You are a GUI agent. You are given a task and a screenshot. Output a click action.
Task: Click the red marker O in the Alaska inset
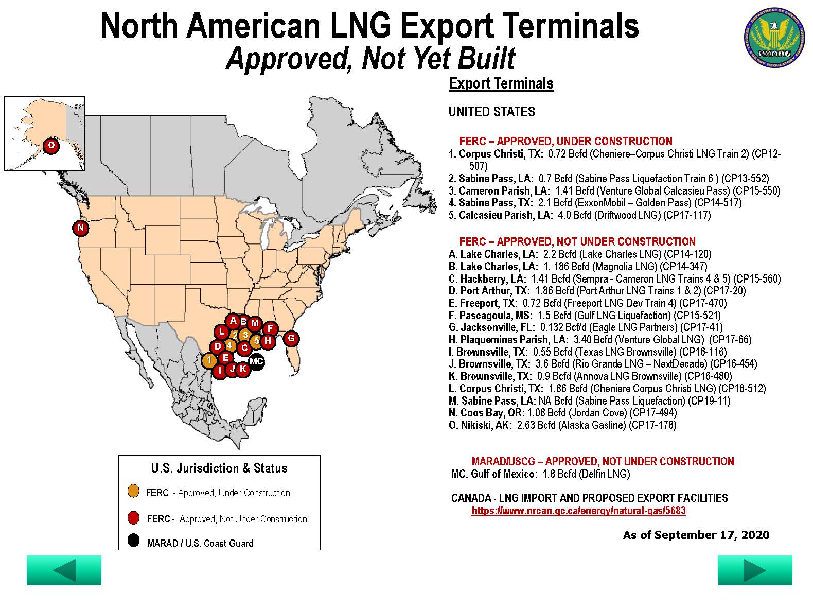pos(51,146)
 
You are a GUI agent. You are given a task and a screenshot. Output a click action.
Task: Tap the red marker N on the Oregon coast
pos(80,228)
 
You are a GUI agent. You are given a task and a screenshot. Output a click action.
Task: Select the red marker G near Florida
pos(291,338)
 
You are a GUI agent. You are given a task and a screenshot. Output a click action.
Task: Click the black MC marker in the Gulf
pos(256,361)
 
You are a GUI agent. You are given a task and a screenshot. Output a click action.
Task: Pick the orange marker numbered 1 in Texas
pos(209,360)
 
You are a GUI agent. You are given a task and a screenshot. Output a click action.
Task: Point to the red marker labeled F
pos(270,329)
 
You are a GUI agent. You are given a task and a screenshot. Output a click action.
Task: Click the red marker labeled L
pos(221,332)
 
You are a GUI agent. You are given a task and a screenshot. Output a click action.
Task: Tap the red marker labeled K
pos(243,369)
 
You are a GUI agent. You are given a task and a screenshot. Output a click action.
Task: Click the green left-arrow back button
pos(64,570)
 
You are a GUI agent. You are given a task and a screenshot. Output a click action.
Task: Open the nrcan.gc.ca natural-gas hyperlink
pos(578,511)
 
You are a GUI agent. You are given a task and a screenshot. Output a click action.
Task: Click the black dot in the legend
pos(134,541)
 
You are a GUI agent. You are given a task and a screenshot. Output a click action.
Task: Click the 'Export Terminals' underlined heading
pos(501,83)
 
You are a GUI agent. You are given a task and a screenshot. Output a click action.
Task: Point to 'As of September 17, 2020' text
pos(696,535)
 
